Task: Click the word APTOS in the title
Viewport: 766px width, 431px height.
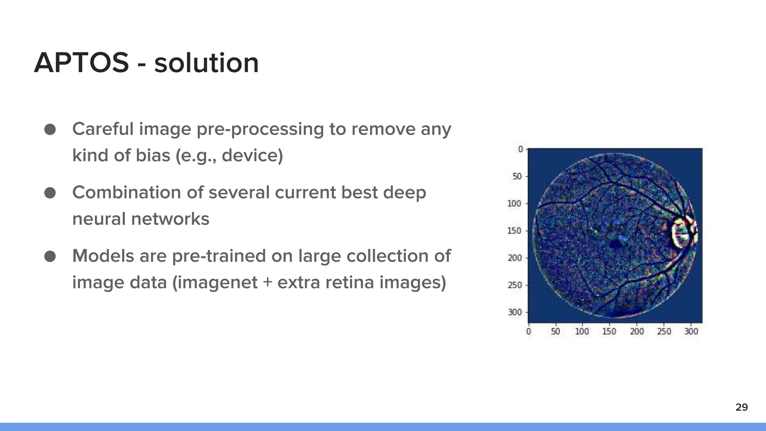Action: pos(81,63)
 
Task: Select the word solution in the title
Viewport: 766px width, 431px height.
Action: pos(206,63)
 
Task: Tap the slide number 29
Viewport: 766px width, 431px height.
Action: pos(741,407)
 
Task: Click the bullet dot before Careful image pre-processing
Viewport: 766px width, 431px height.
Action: pos(50,129)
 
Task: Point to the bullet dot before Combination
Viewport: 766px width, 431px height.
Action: pos(50,193)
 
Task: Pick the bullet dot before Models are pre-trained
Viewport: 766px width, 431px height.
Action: pos(50,257)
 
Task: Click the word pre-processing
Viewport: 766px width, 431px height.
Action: pos(260,129)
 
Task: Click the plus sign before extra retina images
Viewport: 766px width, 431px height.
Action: pos(267,283)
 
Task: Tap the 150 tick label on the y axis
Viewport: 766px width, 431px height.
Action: pos(514,231)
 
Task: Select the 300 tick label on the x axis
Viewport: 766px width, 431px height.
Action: pos(691,331)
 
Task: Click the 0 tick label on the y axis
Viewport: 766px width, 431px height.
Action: pos(520,149)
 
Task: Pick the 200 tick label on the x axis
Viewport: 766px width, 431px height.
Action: pos(637,331)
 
